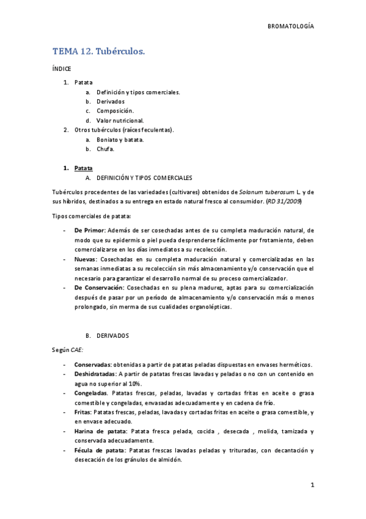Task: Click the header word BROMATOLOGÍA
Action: pyautogui.click(x=291, y=26)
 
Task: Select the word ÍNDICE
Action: pyautogui.click(x=62, y=69)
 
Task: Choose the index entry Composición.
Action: pyautogui.click(x=115, y=111)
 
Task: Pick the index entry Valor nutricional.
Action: pyautogui.click(x=120, y=121)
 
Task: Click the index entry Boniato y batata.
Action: pyautogui.click(x=120, y=140)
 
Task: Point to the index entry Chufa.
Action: pyautogui.click(x=106, y=149)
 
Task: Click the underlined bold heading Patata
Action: pyautogui.click(x=84, y=168)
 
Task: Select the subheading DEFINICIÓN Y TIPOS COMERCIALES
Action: pyautogui.click(x=144, y=177)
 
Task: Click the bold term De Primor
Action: pyautogui.click(x=90, y=230)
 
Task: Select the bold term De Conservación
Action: pyautogui.click(x=98, y=288)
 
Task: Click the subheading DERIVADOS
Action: pyautogui.click(x=112, y=336)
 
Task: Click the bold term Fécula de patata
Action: pyautogui.click(x=100, y=451)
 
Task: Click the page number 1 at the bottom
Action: pyautogui.click(x=312, y=485)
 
